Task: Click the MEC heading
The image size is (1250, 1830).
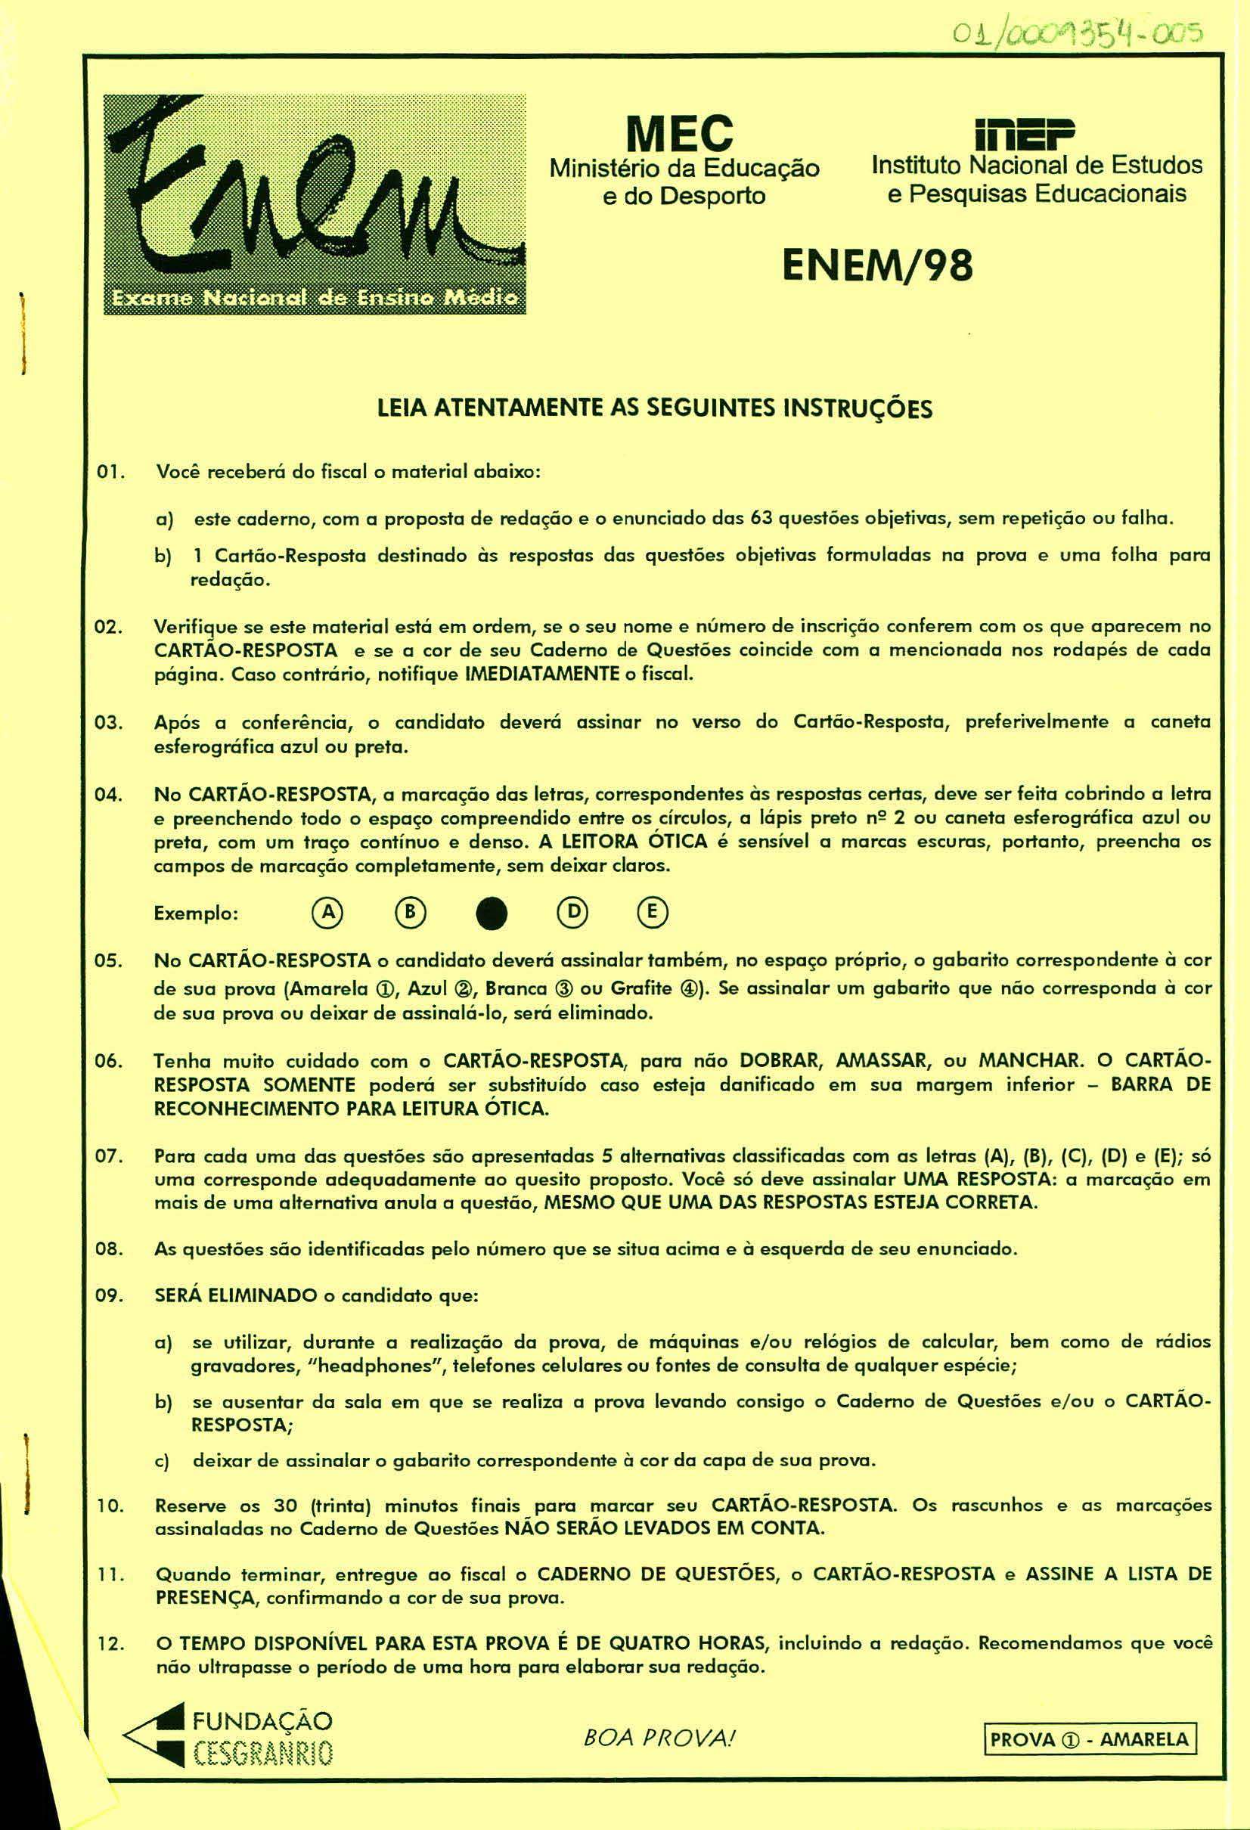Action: (679, 133)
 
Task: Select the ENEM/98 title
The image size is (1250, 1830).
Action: (876, 265)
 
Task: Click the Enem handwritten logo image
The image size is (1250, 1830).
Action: (315, 204)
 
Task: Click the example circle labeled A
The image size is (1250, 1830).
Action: (326, 912)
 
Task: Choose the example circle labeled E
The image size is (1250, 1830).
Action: (652, 912)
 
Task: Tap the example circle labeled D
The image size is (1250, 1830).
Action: (572, 912)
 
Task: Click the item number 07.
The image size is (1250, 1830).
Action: (107, 1157)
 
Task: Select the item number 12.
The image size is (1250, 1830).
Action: (107, 1643)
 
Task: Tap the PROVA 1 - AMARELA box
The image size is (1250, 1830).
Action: (1090, 1738)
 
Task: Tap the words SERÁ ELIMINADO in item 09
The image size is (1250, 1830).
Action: (235, 1295)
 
